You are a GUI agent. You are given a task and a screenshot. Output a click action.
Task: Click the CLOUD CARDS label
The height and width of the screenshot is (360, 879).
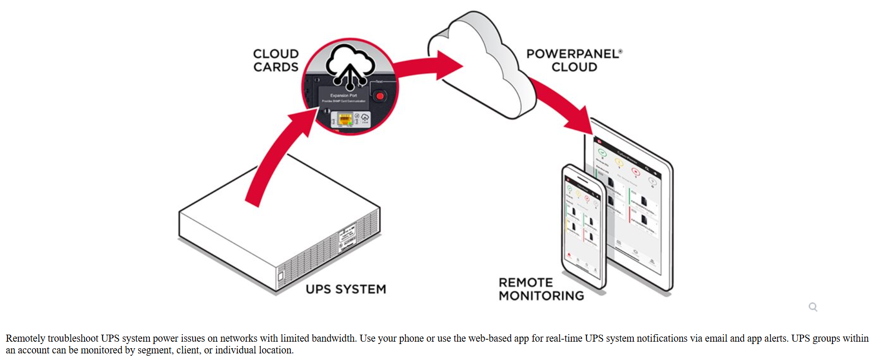click(x=276, y=60)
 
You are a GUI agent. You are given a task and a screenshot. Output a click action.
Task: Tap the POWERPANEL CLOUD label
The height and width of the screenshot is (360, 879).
click(x=574, y=60)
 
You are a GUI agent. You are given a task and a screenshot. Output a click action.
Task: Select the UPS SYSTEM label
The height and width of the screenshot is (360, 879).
click(x=345, y=289)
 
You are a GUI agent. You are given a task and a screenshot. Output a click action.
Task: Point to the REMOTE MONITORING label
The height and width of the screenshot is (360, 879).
click(x=541, y=289)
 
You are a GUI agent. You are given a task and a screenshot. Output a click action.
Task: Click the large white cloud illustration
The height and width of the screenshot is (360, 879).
click(x=479, y=66)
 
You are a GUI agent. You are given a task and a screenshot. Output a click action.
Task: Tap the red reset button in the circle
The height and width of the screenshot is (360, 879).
click(x=380, y=96)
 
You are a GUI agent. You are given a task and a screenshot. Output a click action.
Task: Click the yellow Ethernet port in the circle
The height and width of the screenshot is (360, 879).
click(x=345, y=119)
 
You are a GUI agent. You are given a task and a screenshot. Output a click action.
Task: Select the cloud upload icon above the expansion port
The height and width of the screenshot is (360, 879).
click(x=350, y=66)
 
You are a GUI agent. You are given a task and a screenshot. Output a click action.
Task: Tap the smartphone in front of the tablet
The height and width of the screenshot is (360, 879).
click(x=583, y=226)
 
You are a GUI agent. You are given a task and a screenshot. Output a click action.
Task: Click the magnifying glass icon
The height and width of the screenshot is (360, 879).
click(x=813, y=307)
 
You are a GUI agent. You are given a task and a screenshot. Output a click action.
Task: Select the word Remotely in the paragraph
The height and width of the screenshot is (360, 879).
click(x=25, y=338)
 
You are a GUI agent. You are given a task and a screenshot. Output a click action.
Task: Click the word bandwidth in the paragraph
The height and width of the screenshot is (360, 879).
click(x=334, y=338)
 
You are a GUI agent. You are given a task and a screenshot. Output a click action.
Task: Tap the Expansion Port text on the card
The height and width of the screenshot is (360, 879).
click(x=343, y=95)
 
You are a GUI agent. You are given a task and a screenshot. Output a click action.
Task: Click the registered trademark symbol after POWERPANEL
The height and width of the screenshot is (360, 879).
click(x=620, y=51)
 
